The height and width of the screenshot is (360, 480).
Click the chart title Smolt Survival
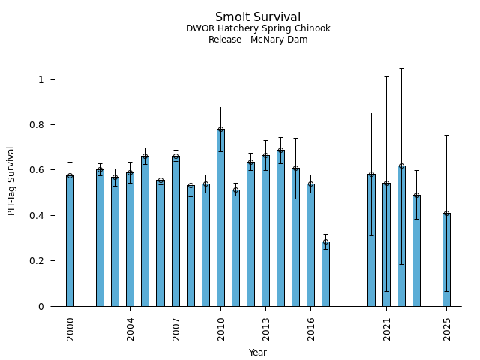click(x=258, y=17)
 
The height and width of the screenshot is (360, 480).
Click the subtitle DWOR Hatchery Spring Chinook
click(x=258, y=29)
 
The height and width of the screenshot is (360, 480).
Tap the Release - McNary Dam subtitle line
click(x=258, y=40)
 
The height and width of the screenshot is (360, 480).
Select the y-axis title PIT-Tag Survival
click(x=11, y=181)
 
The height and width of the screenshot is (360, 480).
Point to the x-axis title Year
click(x=258, y=352)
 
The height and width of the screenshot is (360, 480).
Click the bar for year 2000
click(x=70, y=240)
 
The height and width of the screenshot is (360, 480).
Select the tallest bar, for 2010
click(x=220, y=217)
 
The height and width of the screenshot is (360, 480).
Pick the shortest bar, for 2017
click(x=325, y=274)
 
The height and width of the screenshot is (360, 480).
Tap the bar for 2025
click(x=446, y=259)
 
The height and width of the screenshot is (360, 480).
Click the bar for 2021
click(x=386, y=244)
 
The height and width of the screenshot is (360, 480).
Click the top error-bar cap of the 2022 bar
click(x=401, y=68)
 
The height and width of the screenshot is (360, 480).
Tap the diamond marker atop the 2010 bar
click(x=220, y=129)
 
